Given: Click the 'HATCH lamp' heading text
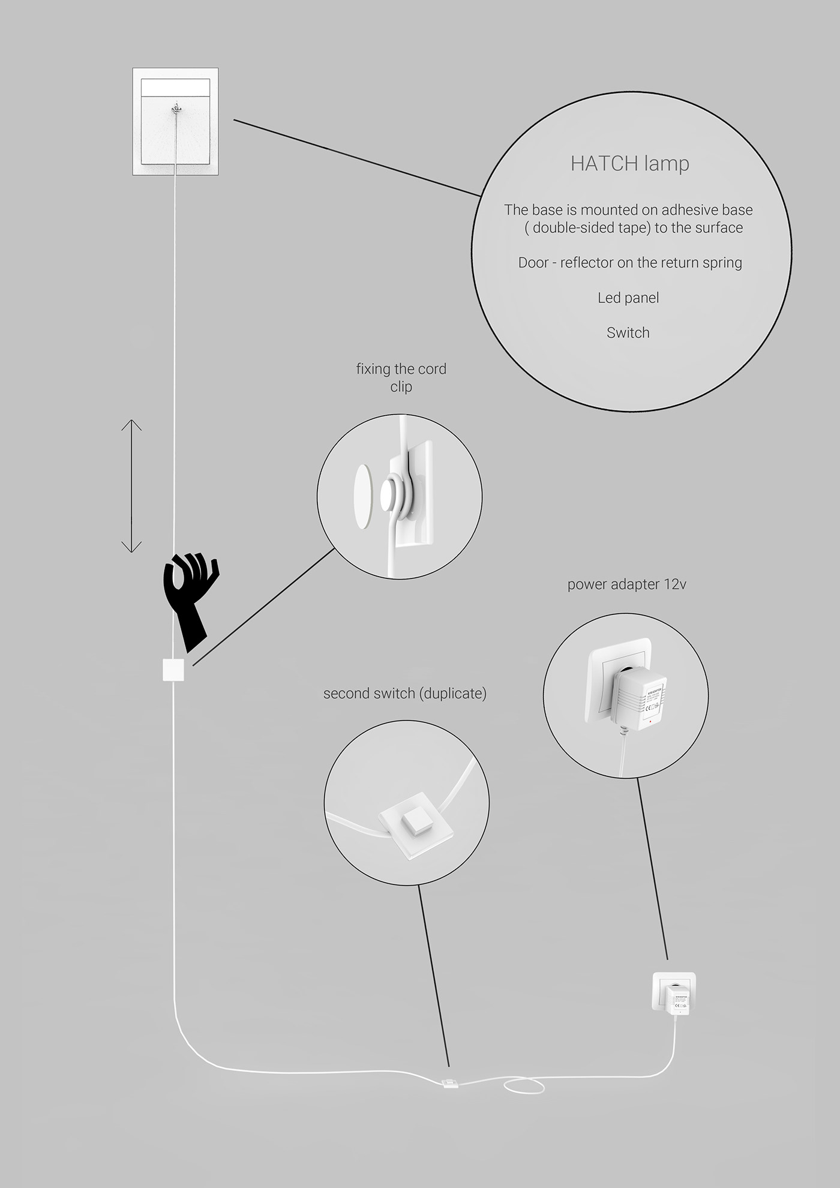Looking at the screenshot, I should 629,164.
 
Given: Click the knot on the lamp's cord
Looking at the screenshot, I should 175,110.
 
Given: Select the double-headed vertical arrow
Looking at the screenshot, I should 131,486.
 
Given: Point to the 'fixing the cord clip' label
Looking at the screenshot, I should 401,377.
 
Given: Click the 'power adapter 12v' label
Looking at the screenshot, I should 626,584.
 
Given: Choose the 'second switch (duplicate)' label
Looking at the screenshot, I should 404,694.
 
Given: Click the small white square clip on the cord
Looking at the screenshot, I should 173,670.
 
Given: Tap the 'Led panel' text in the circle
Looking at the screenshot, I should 628,298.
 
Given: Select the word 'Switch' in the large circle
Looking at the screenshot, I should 628,333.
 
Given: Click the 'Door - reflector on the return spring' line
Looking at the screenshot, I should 630,263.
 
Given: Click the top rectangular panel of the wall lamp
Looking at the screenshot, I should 175,88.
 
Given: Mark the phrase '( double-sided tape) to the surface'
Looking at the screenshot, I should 634,228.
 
